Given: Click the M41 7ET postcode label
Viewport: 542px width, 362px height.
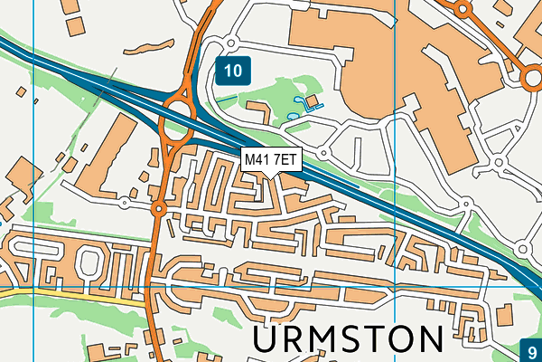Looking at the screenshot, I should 270,159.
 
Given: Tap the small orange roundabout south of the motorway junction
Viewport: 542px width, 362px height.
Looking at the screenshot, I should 159,210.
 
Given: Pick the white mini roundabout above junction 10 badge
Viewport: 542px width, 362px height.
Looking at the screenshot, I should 231,43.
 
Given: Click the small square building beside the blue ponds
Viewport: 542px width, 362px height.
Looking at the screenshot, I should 312,100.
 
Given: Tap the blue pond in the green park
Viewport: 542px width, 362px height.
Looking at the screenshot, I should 294,116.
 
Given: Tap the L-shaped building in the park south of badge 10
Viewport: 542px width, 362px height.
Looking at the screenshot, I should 257,112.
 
